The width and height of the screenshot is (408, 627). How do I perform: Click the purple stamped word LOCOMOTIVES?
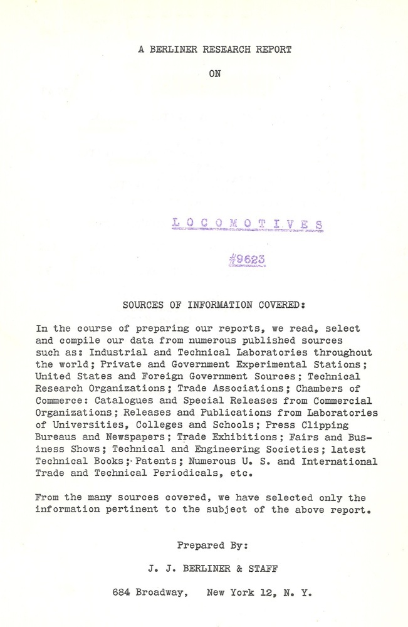click(248, 223)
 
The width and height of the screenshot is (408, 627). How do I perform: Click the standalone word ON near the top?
click(215, 73)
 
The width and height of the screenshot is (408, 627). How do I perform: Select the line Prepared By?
click(212, 545)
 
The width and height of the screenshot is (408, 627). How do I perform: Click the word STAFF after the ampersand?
click(263, 569)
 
